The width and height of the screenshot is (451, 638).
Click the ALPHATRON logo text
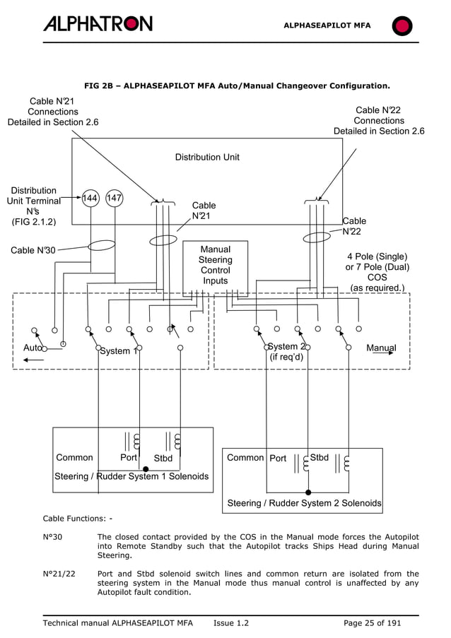pos(98,24)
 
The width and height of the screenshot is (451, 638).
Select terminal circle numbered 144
pos(90,199)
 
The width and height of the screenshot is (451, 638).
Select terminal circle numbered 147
pos(115,199)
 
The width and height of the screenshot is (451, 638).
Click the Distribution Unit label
pos(207,157)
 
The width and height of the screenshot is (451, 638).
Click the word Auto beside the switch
pos(33,348)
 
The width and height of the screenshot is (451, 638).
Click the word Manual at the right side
pos(381,348)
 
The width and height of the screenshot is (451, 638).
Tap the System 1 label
pos(117,351)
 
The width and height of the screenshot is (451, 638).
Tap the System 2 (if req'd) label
pos(286,351)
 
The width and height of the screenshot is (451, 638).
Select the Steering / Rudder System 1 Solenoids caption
pos(131,476)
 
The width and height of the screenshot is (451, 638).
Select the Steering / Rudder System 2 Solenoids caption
pos(304,503)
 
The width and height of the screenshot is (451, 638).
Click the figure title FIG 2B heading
pos(237,86)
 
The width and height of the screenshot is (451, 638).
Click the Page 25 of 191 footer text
pos(372,623)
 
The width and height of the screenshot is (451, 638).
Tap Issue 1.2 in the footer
pos(230,623)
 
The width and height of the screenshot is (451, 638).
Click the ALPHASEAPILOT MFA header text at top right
pos(327,25)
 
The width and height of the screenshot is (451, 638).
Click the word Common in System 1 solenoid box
pos(74,457)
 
